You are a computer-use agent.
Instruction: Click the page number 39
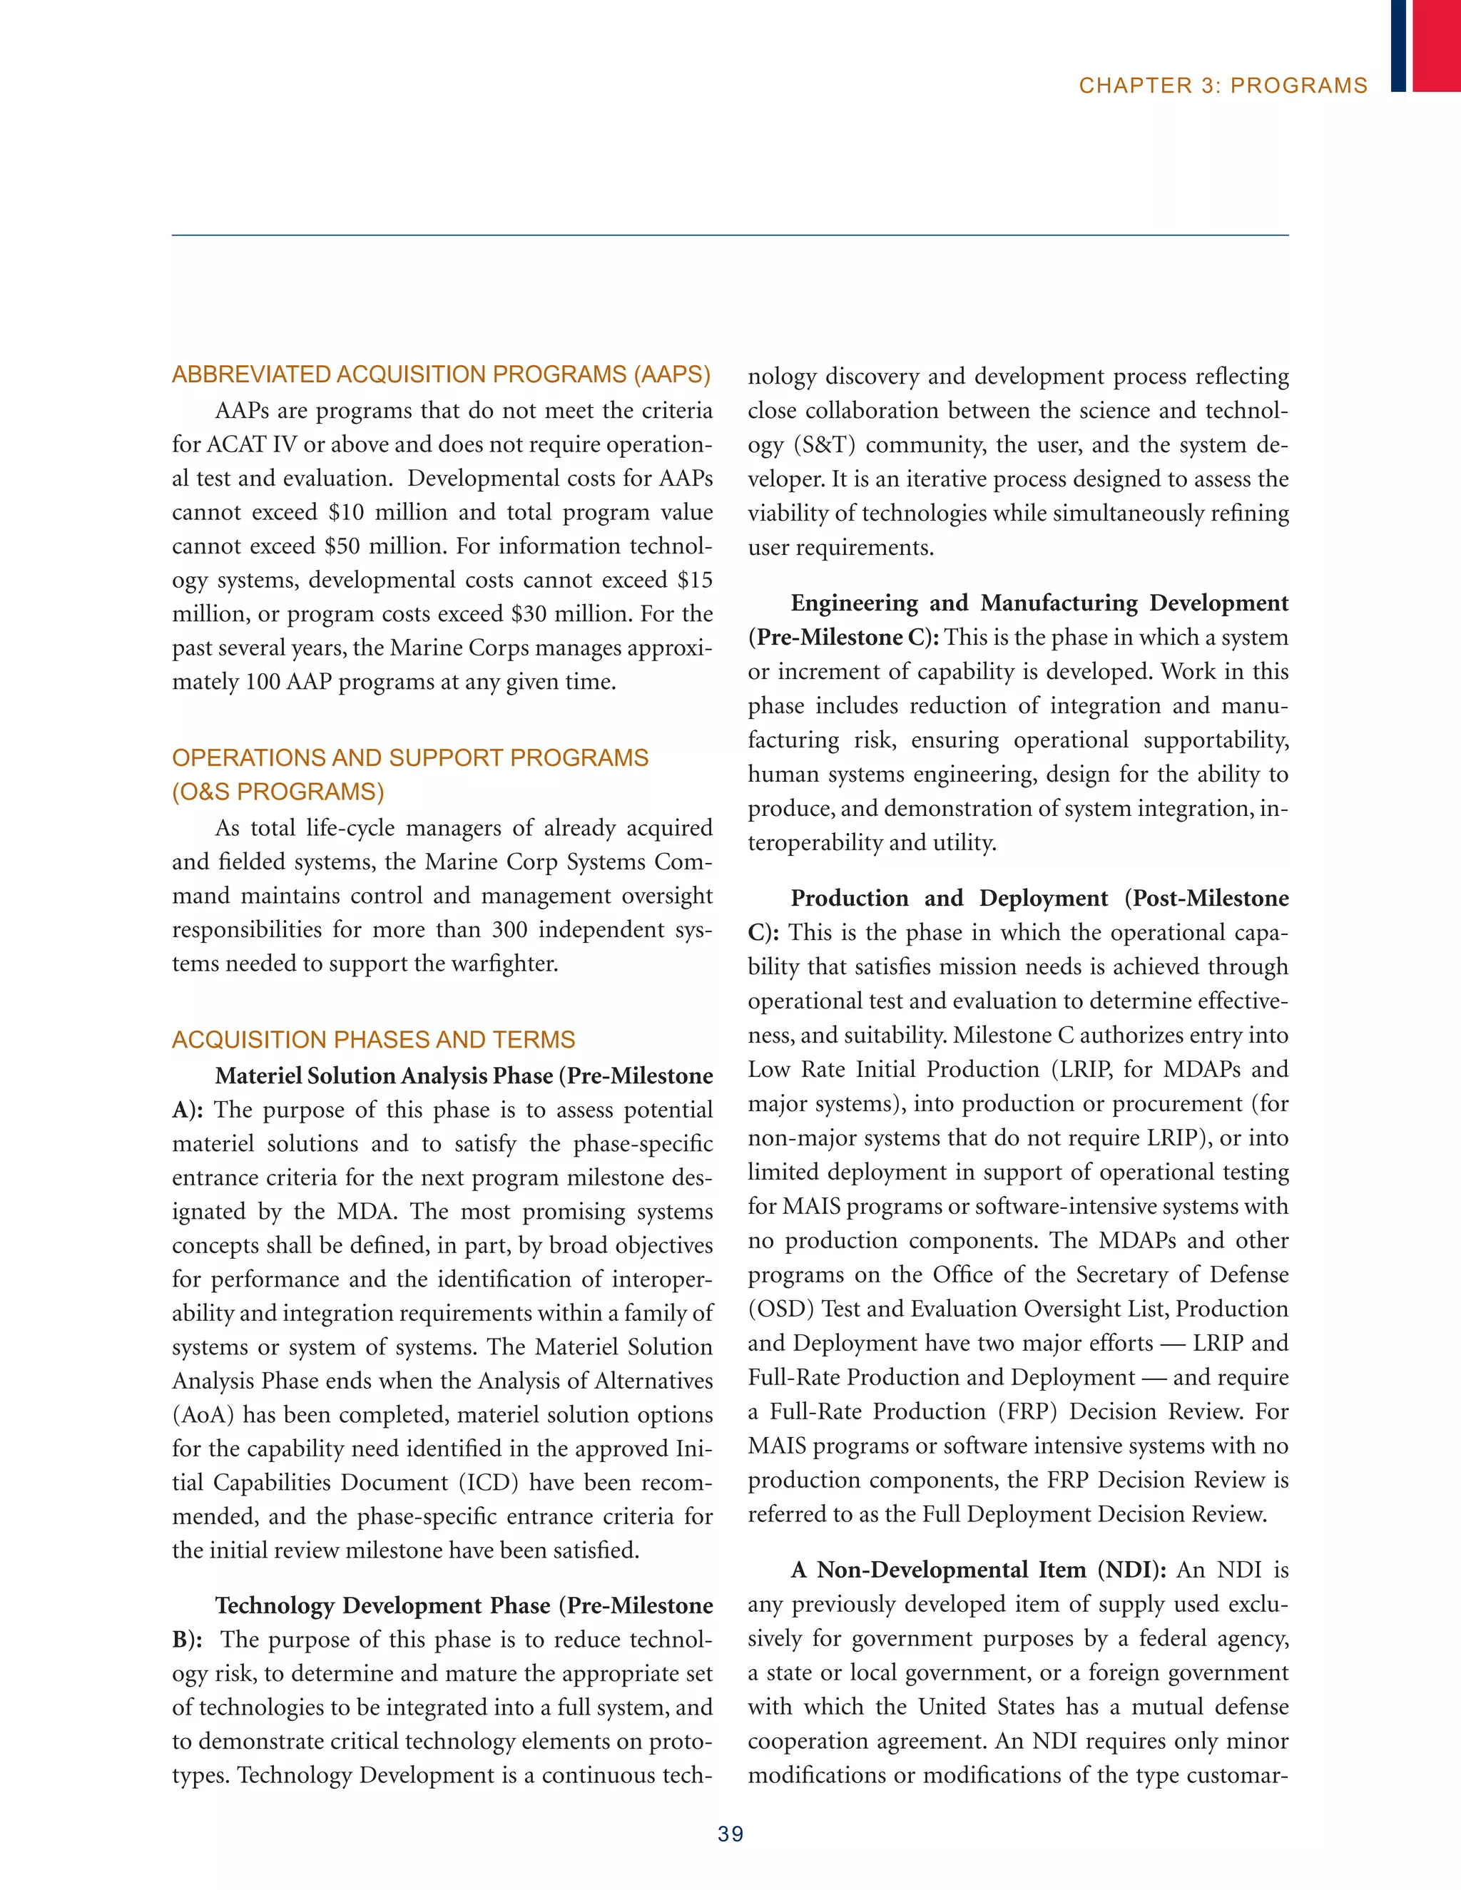[x=730, y=1834]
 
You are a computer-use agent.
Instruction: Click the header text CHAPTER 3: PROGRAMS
[x=1222, y=86]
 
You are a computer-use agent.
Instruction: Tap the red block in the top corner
[x=1436, y=45]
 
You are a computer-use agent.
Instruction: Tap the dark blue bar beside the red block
[x=1398, y=45]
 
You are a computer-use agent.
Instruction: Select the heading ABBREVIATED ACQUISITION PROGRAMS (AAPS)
[x=441, y=374]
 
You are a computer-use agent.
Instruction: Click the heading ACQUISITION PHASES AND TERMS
[x=373, y=1039]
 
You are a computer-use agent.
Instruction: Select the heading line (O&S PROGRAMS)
[x=278, y=792]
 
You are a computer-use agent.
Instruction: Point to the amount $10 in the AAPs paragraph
[x=346, y=512]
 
